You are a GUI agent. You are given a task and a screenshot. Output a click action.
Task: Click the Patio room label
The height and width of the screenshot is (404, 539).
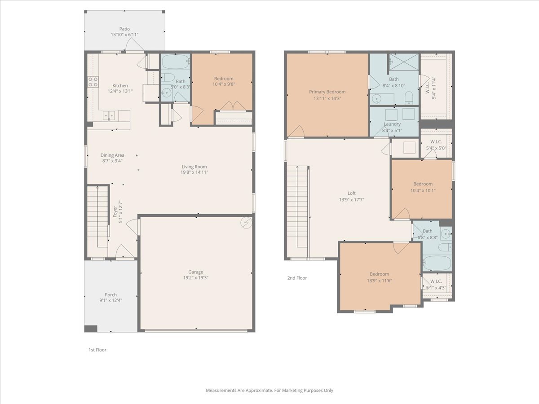124,29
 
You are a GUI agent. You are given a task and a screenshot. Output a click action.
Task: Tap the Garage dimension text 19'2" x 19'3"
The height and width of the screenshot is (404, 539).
196,278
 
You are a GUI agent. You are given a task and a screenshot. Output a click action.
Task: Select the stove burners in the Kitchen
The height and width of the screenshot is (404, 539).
93,82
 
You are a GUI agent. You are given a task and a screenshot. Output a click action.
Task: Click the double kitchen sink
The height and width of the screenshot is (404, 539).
109,115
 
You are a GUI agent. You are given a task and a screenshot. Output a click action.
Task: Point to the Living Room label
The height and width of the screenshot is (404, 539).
194,167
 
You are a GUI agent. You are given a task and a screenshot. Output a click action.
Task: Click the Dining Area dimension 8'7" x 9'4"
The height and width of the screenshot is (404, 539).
112,161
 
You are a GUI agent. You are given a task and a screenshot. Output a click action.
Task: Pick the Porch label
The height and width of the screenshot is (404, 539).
111,294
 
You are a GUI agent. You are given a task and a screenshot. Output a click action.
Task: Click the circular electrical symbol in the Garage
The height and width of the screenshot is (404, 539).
246,223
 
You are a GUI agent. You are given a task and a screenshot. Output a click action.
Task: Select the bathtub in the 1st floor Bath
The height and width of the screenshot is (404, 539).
175,61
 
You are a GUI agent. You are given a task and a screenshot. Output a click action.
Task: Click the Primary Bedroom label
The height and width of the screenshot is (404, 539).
327,92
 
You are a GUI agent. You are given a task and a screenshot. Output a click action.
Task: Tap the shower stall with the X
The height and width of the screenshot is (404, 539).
404,62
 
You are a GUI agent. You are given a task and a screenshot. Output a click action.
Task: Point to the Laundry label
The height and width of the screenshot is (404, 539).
392,124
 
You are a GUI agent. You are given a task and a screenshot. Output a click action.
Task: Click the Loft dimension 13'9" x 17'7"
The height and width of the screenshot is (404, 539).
352,200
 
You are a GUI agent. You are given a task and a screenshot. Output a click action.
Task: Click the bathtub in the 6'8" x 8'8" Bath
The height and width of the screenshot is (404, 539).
437,263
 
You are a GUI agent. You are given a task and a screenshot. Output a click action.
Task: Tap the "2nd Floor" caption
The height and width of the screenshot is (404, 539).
297,278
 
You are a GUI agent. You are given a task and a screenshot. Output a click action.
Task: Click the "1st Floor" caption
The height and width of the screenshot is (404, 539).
97,350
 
